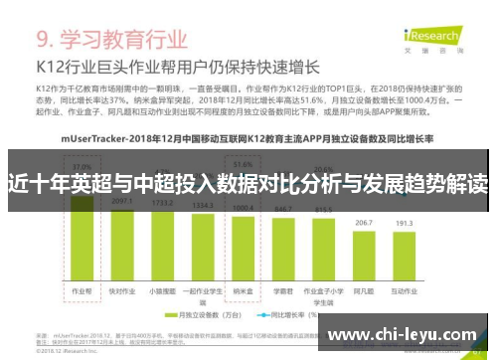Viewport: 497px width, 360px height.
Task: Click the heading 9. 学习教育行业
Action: coord(112,41)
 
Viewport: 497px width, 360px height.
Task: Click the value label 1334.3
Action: coord(203,208)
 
